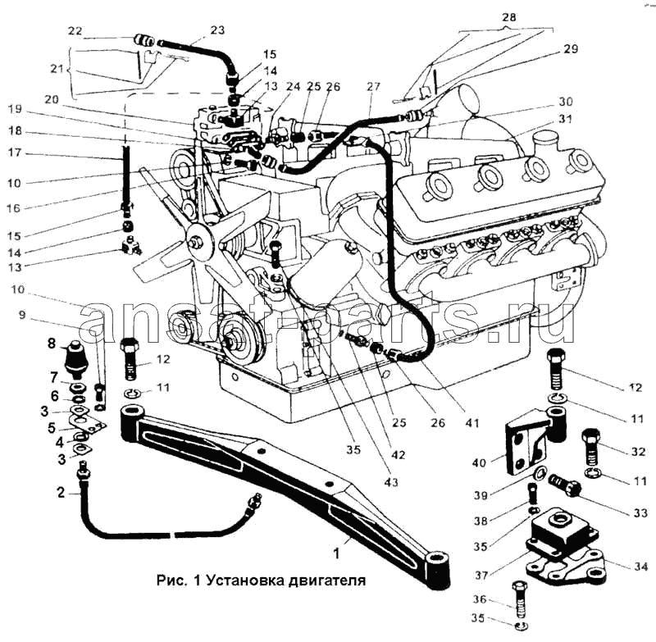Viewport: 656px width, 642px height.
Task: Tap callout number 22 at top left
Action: pos(75,31)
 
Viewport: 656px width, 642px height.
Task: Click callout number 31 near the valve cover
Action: pos(564,119)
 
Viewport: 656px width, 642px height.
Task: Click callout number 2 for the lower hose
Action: pos(60,492)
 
